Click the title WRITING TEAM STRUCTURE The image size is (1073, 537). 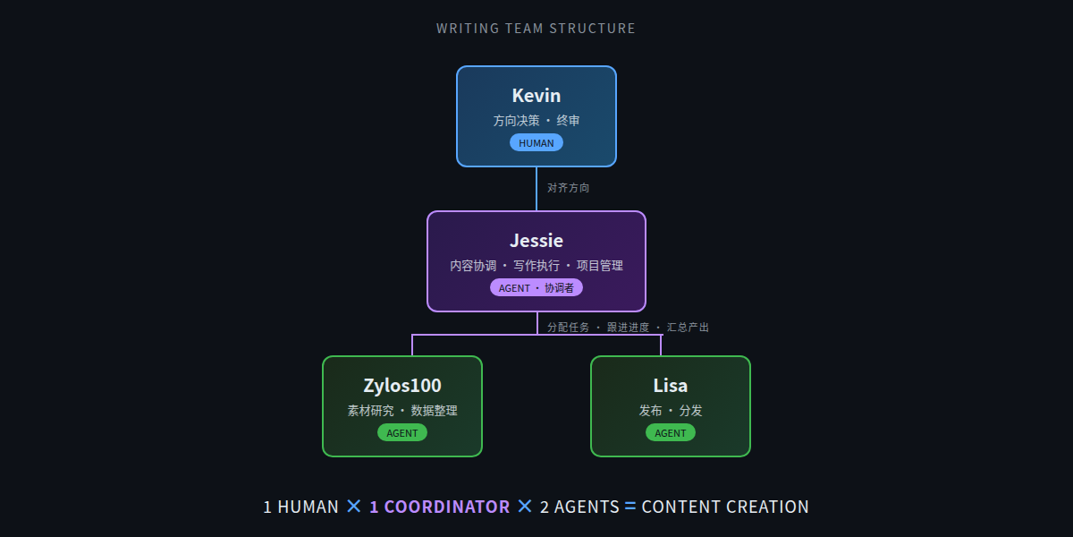(x=536, y=29)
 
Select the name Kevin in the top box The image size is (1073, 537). (x=536, y=96)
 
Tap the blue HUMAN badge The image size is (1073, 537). (x=536, y=142)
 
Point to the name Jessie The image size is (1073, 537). (x=536, y=241)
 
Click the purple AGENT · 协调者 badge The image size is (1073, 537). (x=536, y=287)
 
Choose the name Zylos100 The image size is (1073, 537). (x=402, y=386)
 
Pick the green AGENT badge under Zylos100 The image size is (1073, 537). (x=402, y=432)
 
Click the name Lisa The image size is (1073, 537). (x=671, y=386)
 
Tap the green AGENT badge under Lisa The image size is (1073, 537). (x=671, y=432)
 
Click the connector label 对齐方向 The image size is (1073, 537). (x=569, y=188)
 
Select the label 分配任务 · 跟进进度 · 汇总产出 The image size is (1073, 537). (x=628, y=328)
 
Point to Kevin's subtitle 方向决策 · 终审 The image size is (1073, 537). (x=536, y=121)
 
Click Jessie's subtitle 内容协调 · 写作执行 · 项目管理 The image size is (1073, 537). (x=536, y=266)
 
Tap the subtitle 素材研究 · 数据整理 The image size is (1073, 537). (x=402, y=411)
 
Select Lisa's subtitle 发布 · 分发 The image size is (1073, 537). (x=671, y=411)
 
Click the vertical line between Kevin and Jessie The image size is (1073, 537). (x=536, y=189)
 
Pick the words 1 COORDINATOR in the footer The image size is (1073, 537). (x=439, y=507)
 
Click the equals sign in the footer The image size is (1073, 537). (x=630, y=507)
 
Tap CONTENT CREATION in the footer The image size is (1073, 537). (x=725, y=507)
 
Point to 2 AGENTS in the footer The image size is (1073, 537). (x=579, y=507)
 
